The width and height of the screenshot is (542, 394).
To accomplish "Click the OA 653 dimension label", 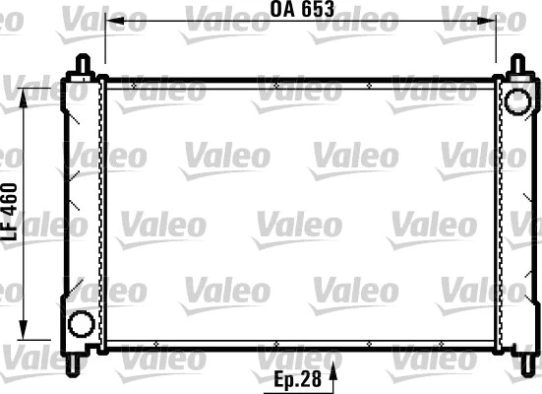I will pyautogui.click(x=303, y=10).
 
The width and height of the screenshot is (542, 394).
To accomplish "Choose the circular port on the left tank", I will pyautogui.click(x=82, y=324).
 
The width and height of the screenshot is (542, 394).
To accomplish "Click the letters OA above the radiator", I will pyautogui.click(x=283, y=10).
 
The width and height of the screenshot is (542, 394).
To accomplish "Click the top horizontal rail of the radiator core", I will pyautogui.click(x=301, y=84).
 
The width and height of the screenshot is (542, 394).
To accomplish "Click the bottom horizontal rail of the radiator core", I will pyautogui.click(x=301, y=347).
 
